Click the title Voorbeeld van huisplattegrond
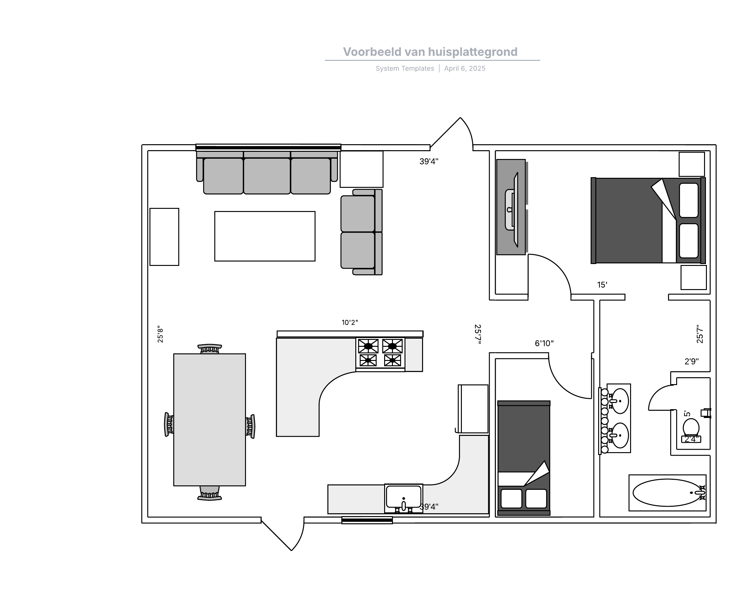[430, 52]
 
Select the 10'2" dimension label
[350, 322]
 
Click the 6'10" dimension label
[544, 343]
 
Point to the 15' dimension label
[602, 285]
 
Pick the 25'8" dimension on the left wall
[160, 334]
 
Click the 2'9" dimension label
[692, 361]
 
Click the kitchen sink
[404, 498]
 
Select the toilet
[691, 430]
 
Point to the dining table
[210, 420]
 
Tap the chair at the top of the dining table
[210, 349]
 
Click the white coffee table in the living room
[265, 236]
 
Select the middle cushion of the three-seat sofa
[267, 176]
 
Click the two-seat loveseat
[361, 232]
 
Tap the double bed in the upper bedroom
[648, 220]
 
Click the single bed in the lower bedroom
[524, 458]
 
